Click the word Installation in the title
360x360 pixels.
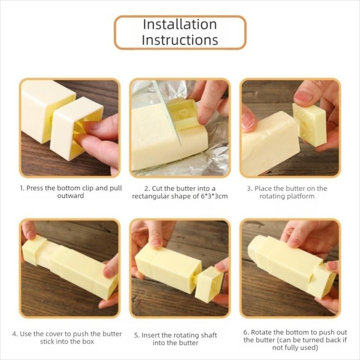[180, 24]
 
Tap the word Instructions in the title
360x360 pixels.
[180, 40]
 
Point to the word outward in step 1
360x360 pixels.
[71, 196]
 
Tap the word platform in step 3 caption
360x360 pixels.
[301, 197]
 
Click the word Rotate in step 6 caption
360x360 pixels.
[261, 332]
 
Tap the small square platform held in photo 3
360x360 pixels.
[310, 124]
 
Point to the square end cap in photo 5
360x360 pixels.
[208, 284]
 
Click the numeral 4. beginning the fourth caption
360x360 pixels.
[15, 334]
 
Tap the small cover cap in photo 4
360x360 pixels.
[34, 250]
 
